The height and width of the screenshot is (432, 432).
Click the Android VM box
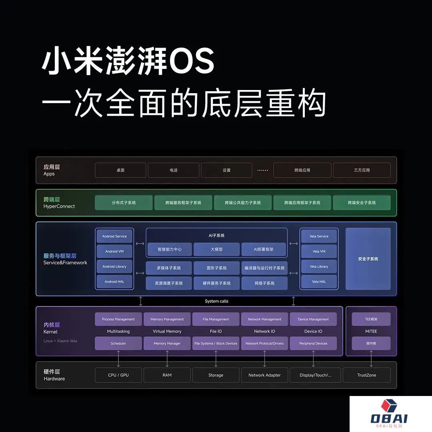(x=114, y=251)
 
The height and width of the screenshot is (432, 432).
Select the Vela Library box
(x=319, y=266)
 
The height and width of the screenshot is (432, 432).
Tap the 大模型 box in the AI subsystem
(x=216, y=249)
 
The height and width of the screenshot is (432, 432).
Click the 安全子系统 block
(x=368, y=259)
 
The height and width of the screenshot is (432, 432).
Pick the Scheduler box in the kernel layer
(x=118, y=343)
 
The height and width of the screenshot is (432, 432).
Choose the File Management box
(x=216, y=319)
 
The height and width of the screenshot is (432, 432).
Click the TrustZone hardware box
(x=366, y=375)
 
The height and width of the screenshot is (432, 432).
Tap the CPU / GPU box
(x=118, y=375)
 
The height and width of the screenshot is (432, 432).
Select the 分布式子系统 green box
(x=124, y=202)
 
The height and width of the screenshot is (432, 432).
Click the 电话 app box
(x=174, y=170)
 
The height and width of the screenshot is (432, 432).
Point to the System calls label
(x=216, y=301)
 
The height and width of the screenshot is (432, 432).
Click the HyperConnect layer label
(x=59, y=206)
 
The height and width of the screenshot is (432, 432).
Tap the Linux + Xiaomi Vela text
(x=60, y=341)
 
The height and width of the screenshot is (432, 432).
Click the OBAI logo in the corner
(x=389, y=414)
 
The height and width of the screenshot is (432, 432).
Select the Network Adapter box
(x=264, y=375)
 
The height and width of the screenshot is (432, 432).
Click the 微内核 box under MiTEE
(x=371, y=343)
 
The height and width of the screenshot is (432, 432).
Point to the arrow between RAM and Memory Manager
(x=167, y=359)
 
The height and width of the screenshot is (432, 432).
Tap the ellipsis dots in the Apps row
(x=262, y=170)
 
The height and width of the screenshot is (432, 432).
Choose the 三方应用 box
(x=362, y=170)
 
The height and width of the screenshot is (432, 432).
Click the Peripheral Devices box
(x=313, y=343)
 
